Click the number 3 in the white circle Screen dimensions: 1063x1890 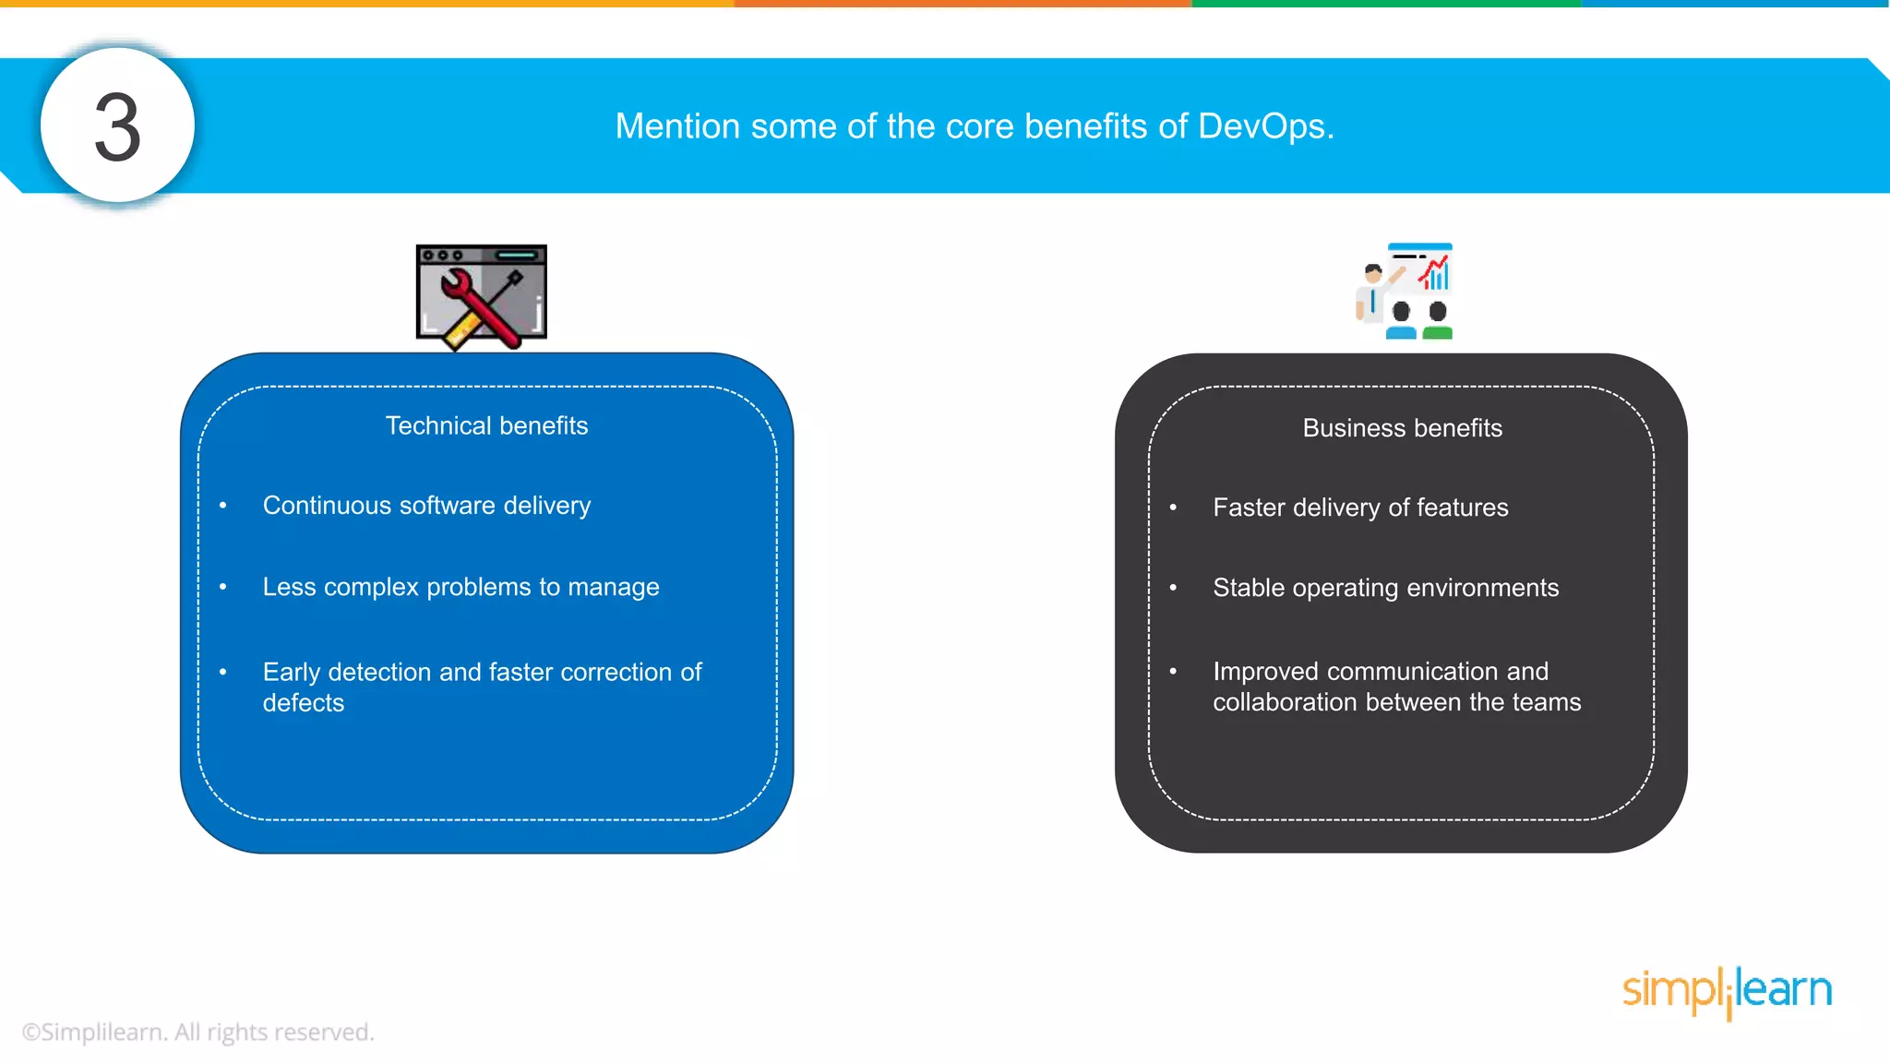117,127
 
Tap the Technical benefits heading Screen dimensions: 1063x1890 486,425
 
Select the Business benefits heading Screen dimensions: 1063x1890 1402,428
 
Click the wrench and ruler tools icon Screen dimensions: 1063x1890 482,296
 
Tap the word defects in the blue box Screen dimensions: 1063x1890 303,703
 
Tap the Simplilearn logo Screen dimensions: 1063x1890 1727,990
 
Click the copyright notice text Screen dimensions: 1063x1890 198,1032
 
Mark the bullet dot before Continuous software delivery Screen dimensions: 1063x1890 223,506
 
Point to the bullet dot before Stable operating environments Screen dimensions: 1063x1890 1173,588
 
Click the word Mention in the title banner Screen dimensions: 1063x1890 677,126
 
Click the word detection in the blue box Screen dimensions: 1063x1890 379,672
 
